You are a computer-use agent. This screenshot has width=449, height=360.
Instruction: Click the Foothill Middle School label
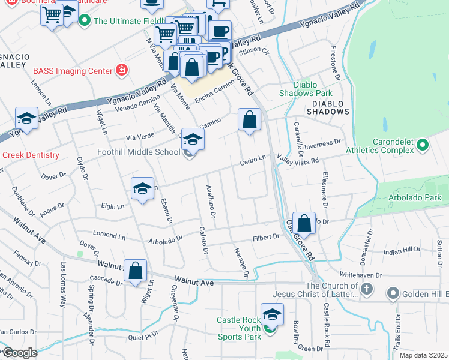pyautogui.click(x=139, y=152)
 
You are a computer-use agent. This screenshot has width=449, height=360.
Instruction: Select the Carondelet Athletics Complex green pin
pyautogui.click(x=423, y=145)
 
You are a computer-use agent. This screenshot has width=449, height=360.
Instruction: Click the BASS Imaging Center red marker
pyautogui.click(x=122, y=71)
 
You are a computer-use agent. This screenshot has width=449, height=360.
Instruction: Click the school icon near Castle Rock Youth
pyautogui.click(x=272, y=315)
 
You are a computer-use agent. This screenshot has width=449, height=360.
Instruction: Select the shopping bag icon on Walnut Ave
pyautogui.click(x=136, y=271)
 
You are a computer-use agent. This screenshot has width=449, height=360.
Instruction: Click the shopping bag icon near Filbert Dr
pyautogui.click(x=304, y=223)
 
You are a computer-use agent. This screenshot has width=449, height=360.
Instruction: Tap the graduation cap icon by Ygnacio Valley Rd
pyautogui.click(x=26, y=119)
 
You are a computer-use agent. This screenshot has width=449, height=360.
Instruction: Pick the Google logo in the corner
pyautogui.click(x=20, y=353)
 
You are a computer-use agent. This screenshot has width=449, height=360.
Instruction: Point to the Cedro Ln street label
pyautogui.click(x=253, y=159)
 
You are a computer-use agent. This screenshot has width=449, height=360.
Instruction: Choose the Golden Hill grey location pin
pyautogui.click(x=393, y=293)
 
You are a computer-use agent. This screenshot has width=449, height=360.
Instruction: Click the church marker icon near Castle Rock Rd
pyautogui.click(x=367, y=290)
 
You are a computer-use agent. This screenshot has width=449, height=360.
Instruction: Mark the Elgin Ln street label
pyautogui.click(x=112, y=207)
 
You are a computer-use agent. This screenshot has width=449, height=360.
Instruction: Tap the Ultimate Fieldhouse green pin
pyautogui.click(x=84, y=21)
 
